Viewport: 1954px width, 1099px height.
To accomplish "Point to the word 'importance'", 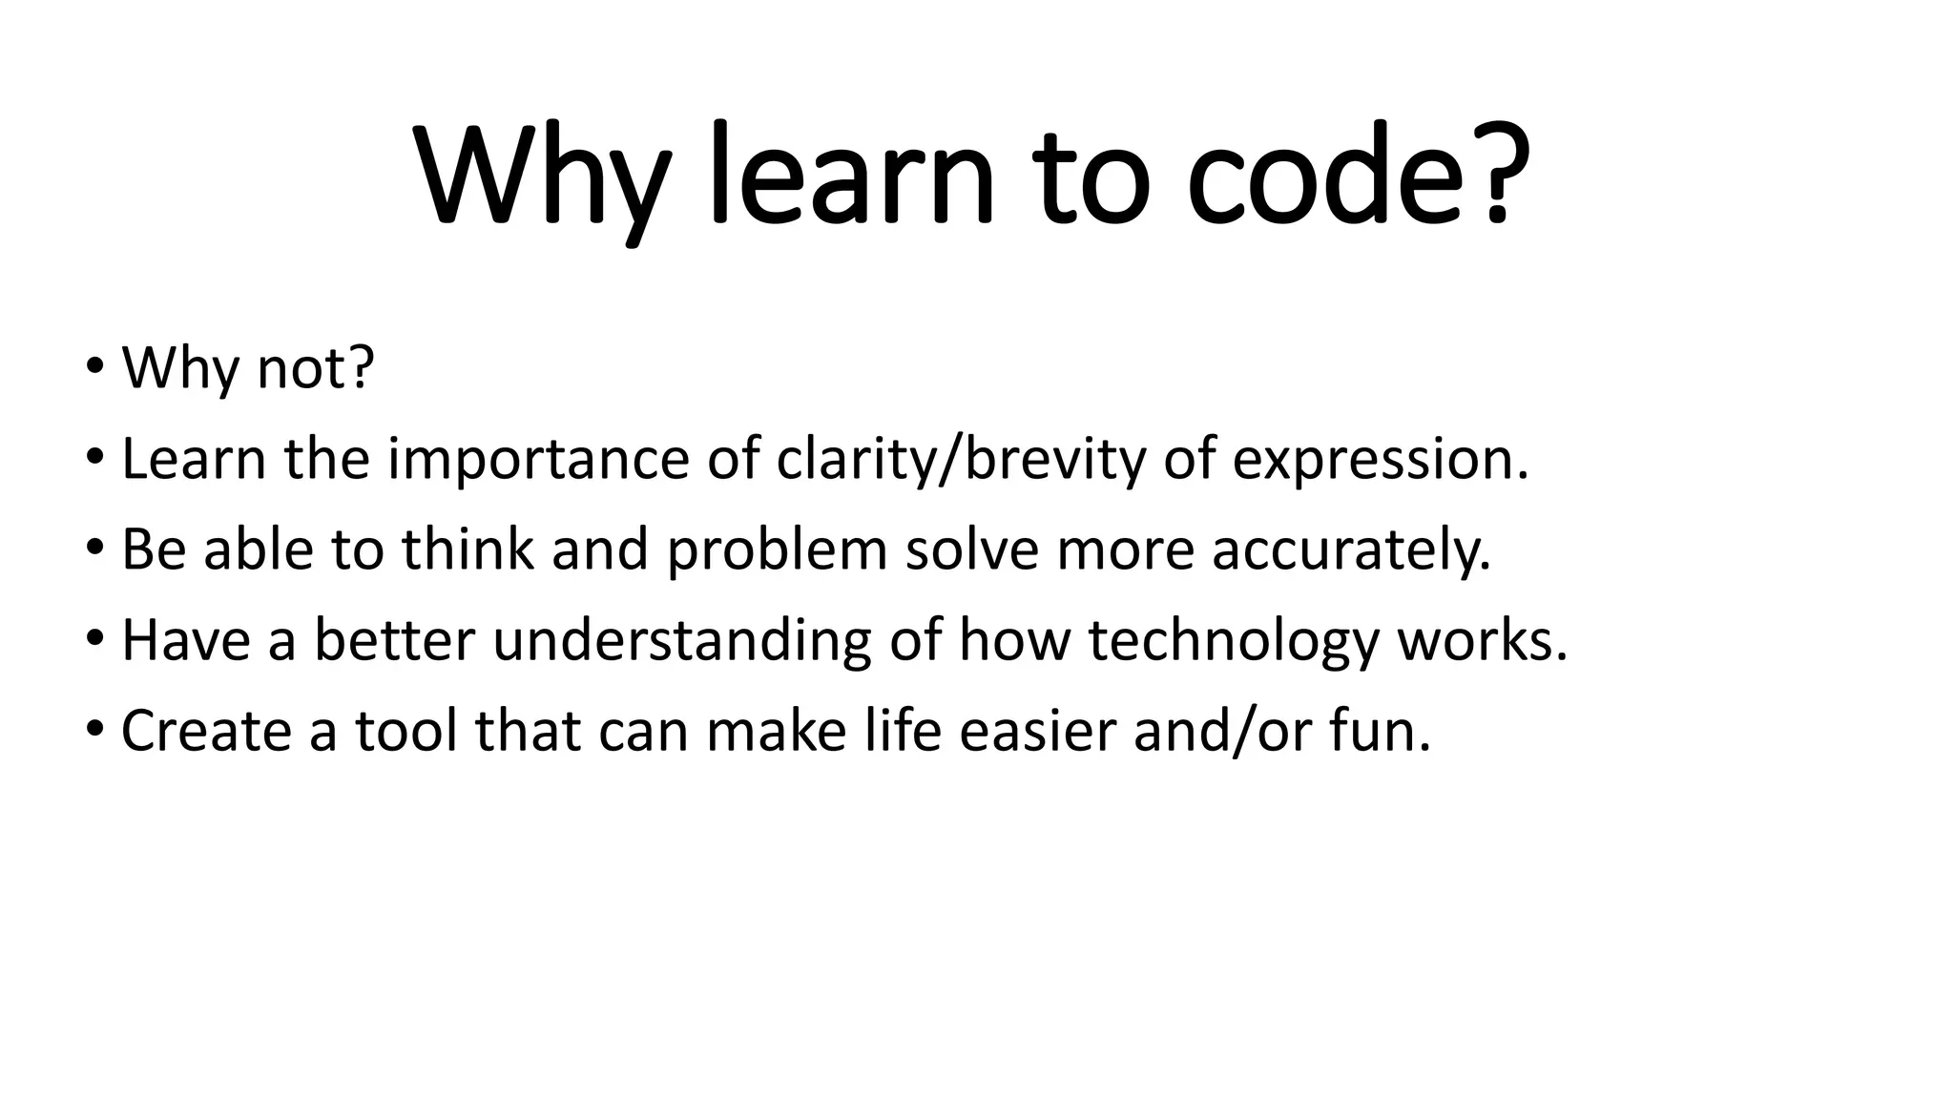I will pyautogui.click(x=538, y=459).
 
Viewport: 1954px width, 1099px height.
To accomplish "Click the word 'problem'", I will pyautogui.click(x=777, y=550).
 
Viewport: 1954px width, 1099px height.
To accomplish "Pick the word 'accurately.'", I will pyautogui.click(x=1351, y=550).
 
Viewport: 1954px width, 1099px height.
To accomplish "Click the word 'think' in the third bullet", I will pyautogui.click(x=467, y=550).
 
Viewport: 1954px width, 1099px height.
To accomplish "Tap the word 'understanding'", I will pyautogui.click(x=681, y=640).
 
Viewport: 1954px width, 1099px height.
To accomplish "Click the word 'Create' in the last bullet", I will pyautogui.click(x=206, y=731).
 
